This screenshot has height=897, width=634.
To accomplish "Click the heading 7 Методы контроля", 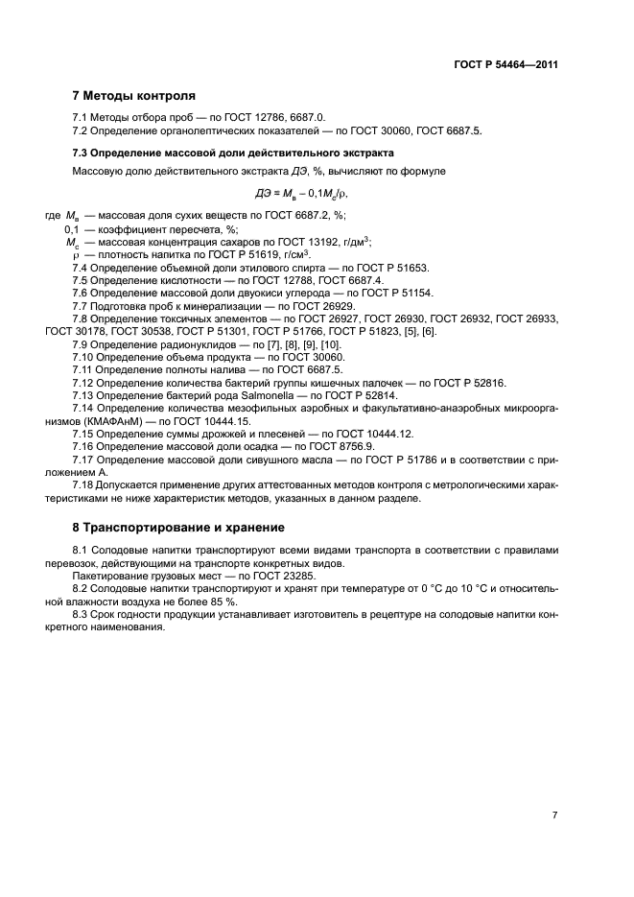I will [x=134, y=96].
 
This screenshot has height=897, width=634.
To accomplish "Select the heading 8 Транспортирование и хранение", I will [x=177, y=528].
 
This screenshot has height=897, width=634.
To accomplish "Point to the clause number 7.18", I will [x=86, y=484].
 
